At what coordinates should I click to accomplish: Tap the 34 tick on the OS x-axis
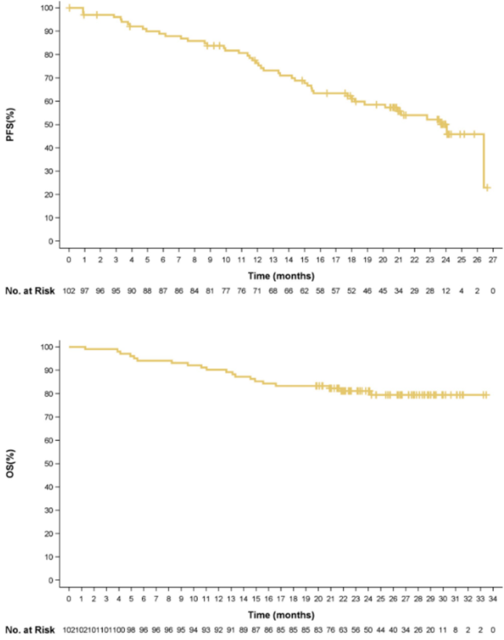click(491, 598)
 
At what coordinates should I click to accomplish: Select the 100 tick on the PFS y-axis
click(49, 8)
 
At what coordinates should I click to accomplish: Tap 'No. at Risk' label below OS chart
click(28, 629)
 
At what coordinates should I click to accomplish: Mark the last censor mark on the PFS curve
click(487, 187)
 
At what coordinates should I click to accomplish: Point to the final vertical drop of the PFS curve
click(483, 161)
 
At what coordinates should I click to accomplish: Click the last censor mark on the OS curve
click(487, 395)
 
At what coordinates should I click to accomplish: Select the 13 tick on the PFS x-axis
click(272, 259)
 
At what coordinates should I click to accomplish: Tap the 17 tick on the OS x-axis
click(280, 598)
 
